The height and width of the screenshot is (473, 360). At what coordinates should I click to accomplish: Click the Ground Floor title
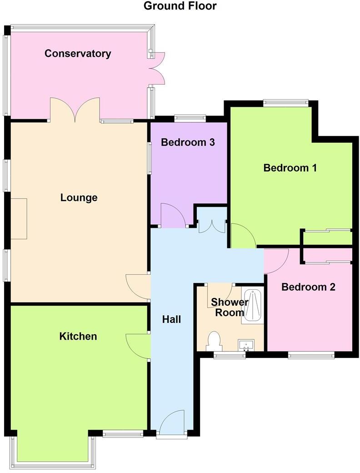180,6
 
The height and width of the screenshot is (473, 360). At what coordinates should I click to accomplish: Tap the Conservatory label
78,54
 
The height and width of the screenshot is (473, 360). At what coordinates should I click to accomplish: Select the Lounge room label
79,198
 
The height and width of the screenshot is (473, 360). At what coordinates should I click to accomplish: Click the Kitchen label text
78,336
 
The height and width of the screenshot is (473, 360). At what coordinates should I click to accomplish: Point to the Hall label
171,319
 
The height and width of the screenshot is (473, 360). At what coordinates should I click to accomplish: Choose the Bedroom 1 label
290,168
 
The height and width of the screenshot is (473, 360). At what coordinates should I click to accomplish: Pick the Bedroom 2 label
308,287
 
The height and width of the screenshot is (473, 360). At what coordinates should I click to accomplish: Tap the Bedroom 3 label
188,142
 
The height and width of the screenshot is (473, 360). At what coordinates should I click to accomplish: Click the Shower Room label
229,307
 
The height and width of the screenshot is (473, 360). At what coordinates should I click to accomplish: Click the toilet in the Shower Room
213,341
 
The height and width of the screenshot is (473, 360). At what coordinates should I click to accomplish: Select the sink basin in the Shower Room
248,345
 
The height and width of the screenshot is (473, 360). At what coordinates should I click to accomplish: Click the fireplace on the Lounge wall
19,219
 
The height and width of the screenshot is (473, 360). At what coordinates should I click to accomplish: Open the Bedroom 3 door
173,216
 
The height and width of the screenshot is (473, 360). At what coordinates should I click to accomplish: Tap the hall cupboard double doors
212,222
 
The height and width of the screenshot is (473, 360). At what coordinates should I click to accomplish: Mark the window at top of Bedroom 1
286,103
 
